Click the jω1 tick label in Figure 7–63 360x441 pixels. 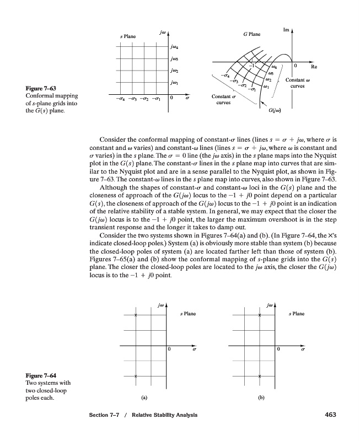tap(175, 83)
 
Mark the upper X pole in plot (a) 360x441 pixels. tap(135, 315)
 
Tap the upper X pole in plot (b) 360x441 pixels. tap(260, 315)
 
